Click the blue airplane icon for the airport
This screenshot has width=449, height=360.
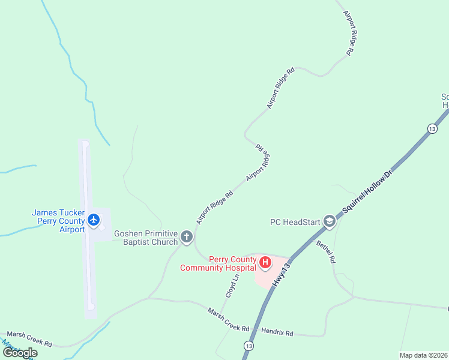pyautogui.click(x=93, y=220)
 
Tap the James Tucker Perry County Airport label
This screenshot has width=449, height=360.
pyautogui.click(x=58, y=221)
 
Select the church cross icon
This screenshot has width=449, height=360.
pyautogui.click(x=187, y=238)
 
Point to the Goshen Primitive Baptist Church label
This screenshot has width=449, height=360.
pyautogui.click(x=146, y=238)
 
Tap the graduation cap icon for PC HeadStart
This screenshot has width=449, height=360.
pyautogui.click(x=329, y=222)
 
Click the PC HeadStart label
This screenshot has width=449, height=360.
pyautogui.click(x=294, y=222)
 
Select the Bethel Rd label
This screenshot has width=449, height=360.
pyautogui.click(x=326, y=252)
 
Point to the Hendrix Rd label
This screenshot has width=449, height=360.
pyautogui.click(x=277, y=331)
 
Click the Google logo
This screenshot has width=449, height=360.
pyautogui.click(x=19, y=353)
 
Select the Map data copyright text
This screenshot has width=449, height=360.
pyautogui.click(x=423, y=355)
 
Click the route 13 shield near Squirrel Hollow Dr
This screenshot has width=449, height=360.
pyautogui.click(x=432, y=128)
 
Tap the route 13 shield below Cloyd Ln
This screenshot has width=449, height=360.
pyautogui.click(x=248, y=346)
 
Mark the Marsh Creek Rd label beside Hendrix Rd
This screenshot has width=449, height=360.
pyautogui.click(x=228, y=320)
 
